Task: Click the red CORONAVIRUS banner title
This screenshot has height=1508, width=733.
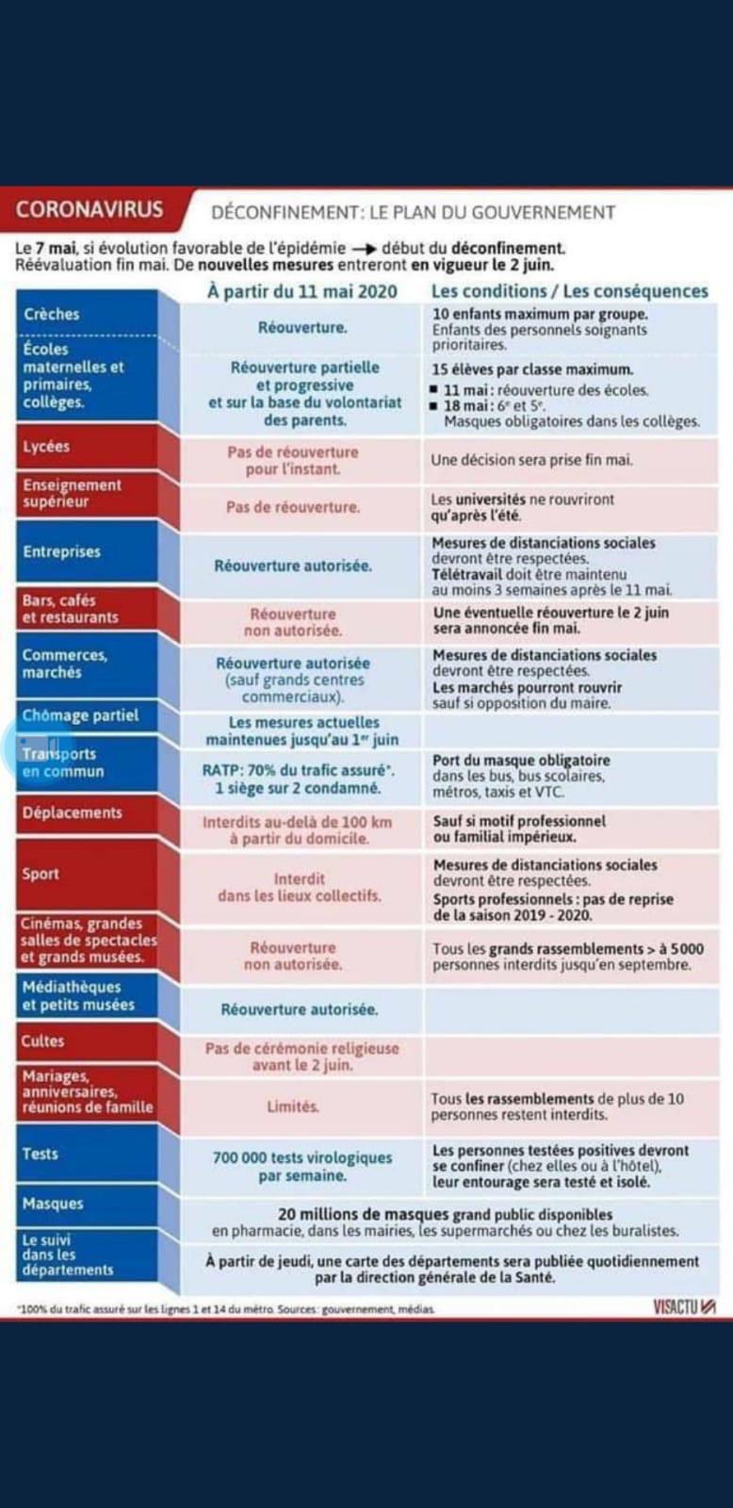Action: coord(90,209)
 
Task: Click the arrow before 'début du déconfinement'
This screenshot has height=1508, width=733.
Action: coord(365,249)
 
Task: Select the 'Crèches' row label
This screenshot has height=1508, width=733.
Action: coord(52,314)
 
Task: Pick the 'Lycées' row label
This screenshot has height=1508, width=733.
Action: coord(46,447)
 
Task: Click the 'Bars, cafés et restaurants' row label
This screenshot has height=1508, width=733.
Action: coord(71,609)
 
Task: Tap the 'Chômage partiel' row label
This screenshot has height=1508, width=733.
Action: coord(80,715)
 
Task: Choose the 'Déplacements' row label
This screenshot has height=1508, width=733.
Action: coord(73,812)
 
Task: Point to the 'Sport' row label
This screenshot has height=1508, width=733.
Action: coord(41,874)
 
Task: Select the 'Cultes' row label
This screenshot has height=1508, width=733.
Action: coord(43,1041)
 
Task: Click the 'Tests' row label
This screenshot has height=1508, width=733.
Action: coord(41,1154)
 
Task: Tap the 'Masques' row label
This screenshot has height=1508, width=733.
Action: coord(53,1204)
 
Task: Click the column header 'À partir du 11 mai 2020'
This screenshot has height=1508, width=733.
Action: coord(302,291)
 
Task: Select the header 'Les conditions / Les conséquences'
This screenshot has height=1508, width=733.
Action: coord(569,291)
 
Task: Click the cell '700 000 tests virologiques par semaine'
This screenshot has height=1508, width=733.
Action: coord(302,1166)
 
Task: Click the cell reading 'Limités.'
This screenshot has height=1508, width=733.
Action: coord(292,1106)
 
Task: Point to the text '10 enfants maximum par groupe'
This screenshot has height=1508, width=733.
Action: coord(540,314)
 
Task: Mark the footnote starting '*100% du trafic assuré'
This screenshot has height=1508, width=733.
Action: coord(226,1309)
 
